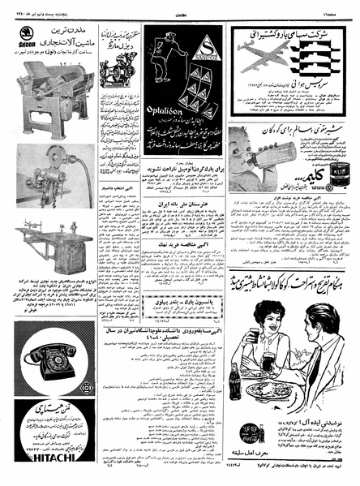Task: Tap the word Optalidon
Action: coord(169,110)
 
